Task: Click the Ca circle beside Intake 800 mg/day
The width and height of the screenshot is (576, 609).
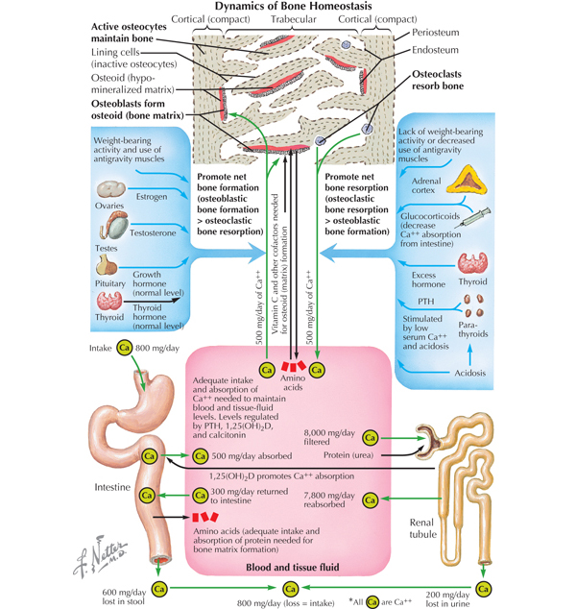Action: pyautogui.click(x=124, y=350)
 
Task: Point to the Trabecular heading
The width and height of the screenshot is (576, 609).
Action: pyautogui.click(x=296, y=19)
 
